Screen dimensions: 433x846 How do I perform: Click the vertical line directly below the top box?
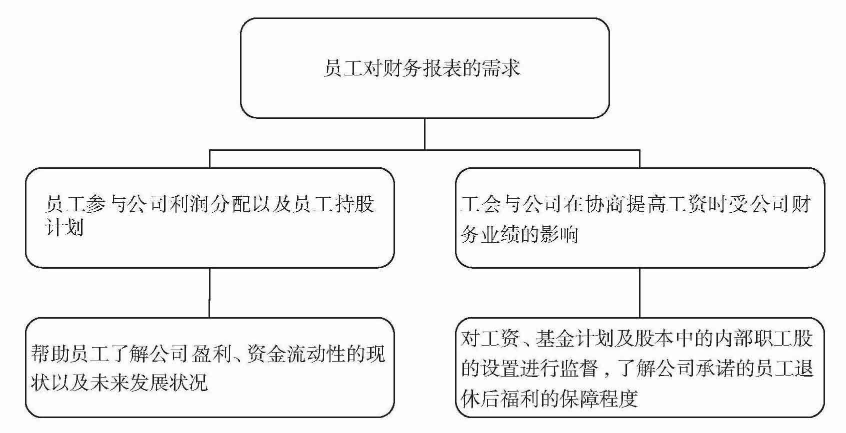click(x=424, y=133)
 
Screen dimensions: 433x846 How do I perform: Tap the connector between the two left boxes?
click(x=209, y=292)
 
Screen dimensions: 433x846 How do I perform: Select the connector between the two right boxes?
click(x=640, y=292)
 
